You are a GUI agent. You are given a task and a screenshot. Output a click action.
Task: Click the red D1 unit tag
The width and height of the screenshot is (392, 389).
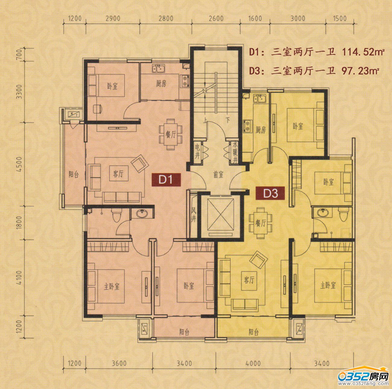point(166,180)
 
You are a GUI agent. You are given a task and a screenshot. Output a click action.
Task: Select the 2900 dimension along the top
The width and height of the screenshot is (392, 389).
point(113,18)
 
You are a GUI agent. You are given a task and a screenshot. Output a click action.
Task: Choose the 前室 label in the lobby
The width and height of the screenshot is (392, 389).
point(219,175)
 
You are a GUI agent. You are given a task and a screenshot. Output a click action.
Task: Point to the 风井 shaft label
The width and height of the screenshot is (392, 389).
point(194,216)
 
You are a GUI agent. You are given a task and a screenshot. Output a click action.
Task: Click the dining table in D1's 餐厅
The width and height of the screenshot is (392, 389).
point(171,134)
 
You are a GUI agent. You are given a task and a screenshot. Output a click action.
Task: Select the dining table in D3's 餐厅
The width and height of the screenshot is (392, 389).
point(261,223)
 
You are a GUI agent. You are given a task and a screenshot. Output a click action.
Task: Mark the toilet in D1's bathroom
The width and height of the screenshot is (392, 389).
point(117,215)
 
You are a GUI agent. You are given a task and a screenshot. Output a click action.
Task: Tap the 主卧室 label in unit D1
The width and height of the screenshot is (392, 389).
point(112,287)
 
